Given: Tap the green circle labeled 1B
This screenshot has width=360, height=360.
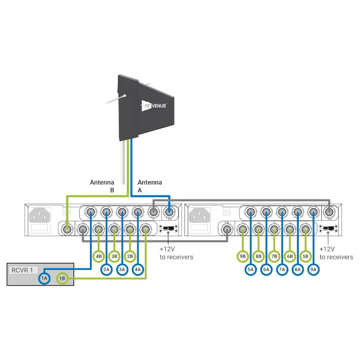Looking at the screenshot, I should [x=62, y=279].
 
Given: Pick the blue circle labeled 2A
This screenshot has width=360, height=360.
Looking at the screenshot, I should [x=106, y=270].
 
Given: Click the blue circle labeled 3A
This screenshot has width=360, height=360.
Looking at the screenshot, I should [x=122, y=270].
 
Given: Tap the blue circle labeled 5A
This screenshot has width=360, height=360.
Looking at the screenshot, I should [x=251, y=270].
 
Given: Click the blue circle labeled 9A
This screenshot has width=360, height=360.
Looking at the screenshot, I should [x=314, y=270].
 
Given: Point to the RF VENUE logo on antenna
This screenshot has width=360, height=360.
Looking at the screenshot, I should [x=154, y=106].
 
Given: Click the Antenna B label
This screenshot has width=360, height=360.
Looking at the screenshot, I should [x=102, y=186].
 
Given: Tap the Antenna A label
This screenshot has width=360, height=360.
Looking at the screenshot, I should [x=149, y=186].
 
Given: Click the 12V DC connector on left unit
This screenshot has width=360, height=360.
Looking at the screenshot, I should [x=168, y=229].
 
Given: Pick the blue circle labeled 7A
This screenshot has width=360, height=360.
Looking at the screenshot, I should [x=282, y=270].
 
